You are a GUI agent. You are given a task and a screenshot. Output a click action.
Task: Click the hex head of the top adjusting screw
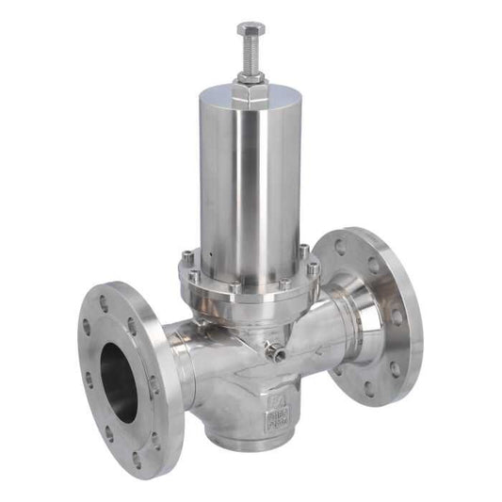(x=251, y=29)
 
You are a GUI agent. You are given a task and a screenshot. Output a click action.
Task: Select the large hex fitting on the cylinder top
(x=251, y=94)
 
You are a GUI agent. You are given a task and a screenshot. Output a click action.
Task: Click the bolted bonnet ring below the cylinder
(x=247, y=279)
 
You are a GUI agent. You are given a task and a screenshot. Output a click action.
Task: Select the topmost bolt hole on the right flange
(x=340, y=248)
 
